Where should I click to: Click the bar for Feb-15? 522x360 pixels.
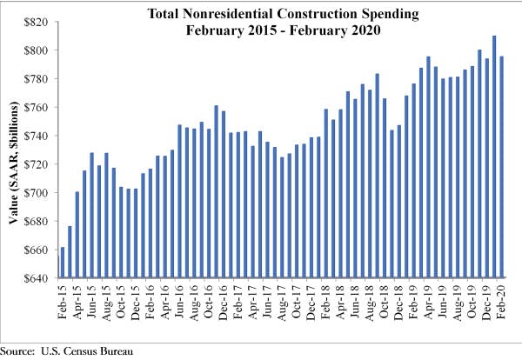[x=63, y=263]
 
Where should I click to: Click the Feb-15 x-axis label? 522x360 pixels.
[x=63, y=301]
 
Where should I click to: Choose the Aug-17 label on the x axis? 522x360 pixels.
[x=283, y=301]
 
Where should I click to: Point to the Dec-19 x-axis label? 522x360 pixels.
[x=488, y=301]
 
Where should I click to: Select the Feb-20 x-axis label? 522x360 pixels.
[x=503, y=301]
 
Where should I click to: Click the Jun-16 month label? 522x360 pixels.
[x=180, y=301]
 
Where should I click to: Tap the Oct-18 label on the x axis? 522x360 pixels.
[x=385, y=301]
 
